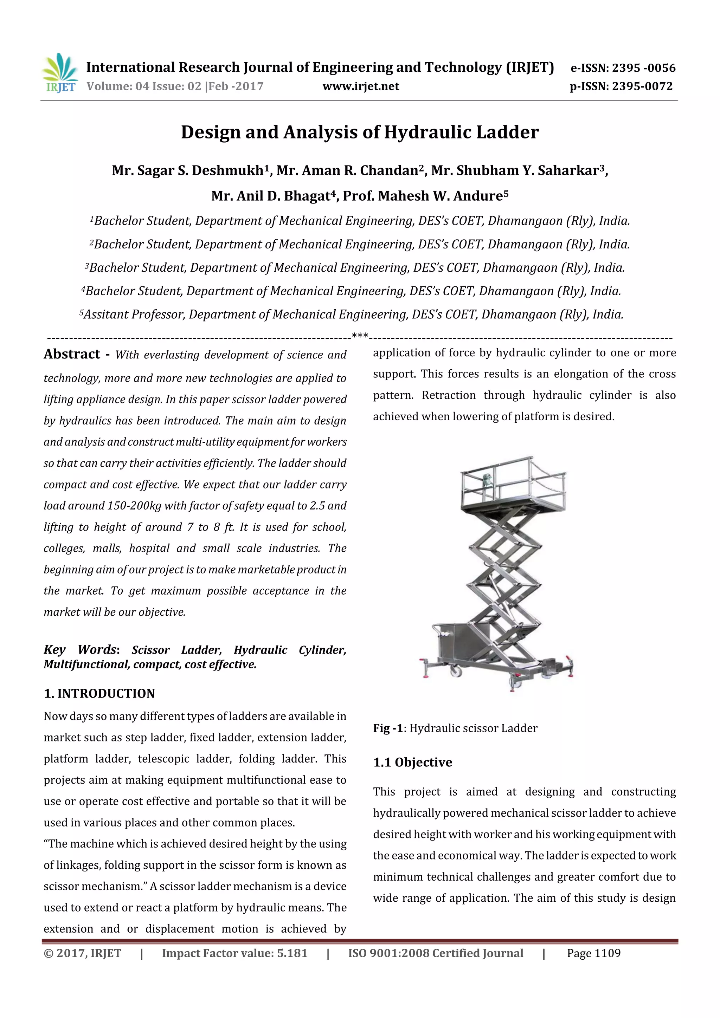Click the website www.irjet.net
[x=360, y=86]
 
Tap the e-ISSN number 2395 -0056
[x=643, y=68]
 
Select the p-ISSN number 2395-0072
[x=642, y=86]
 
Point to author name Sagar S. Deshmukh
[x=187, y=171]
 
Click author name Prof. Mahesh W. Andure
[x=425, y=196]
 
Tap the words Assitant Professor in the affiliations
[x=134, y=315]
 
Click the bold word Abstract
[x=72, y=354]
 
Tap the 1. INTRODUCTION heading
[x=99, y=693]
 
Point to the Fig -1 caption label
[x=388, y=728]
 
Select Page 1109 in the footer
[x=593, y=953]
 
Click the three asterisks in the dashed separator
[x=360, y=336]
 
